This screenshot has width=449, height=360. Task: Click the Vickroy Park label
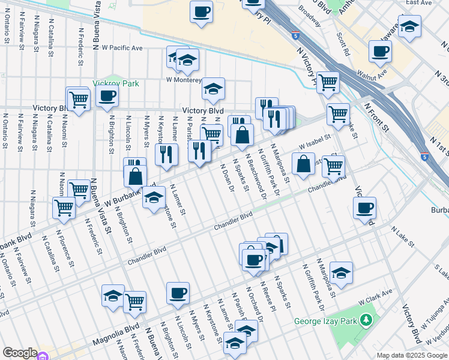click(115, 83)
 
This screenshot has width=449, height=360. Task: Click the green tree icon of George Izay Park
click(365, 321)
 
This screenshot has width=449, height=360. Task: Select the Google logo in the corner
click(20, 353)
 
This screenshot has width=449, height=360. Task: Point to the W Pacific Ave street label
click(122, 47)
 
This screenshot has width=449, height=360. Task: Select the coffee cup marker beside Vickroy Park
click(107, 96)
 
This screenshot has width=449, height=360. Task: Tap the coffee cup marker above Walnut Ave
click(379, 52)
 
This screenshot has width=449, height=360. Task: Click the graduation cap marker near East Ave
click(410, 26)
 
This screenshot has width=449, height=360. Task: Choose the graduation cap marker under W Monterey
click(212, 89)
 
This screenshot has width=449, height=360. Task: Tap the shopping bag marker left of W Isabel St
click(304, 163)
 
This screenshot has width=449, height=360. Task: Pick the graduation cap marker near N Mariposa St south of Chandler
click(341, 273)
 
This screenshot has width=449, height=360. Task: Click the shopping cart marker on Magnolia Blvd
click(135, 302)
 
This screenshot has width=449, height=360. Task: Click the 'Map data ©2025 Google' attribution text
click(411, 355)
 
